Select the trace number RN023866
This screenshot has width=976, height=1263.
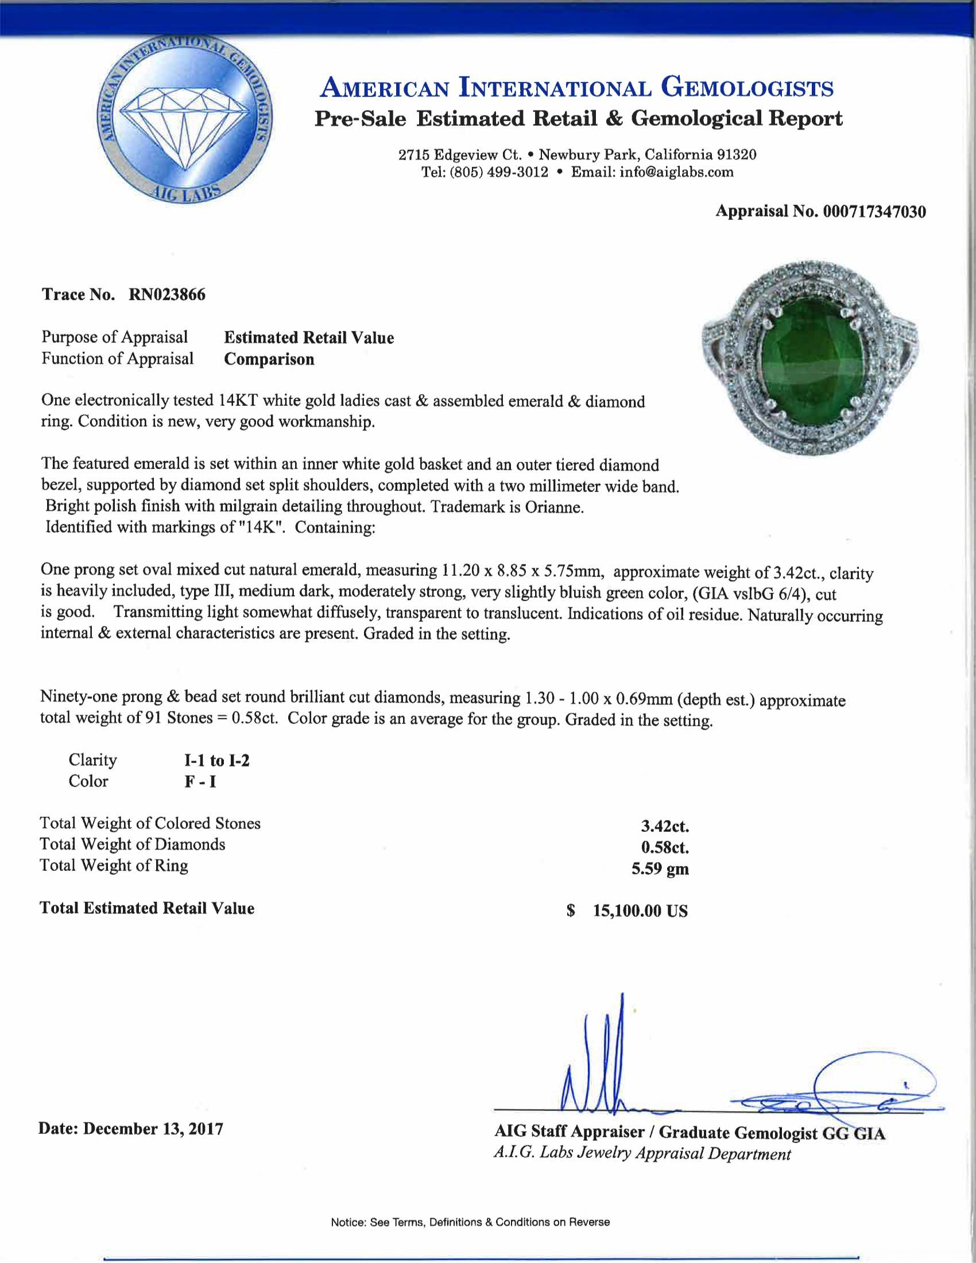[x=166, y=295]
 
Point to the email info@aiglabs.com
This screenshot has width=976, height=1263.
[x=676, y=172]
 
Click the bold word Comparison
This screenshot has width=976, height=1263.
[x=269, y=359]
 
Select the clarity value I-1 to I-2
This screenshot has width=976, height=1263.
[x=216, y=761]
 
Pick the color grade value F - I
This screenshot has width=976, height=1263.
[x=200, y=782]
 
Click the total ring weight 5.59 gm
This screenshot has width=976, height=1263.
[x=660, y=869]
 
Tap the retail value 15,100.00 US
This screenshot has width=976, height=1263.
[x=640, y=912]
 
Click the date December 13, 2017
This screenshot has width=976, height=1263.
[x=153, y=1129]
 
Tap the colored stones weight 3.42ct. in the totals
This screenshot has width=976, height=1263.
[x=664, y=826]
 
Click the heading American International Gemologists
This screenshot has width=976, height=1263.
[x=576, y=88]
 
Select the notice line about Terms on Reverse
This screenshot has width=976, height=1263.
[x=470, y=1222]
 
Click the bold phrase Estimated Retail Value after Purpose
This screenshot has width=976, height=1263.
[x=309, y=338]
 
